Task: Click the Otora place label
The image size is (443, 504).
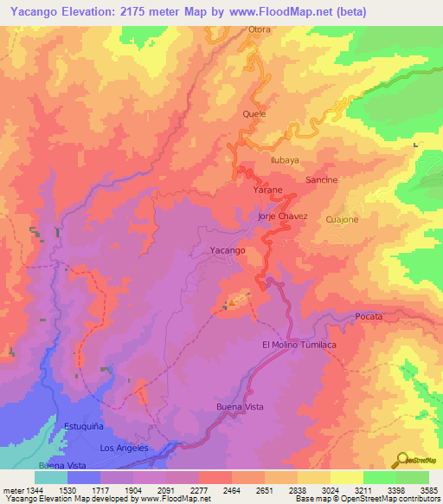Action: point(260,29)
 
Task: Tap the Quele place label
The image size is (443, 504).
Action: point(254,113)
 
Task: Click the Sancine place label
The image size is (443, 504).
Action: point(321,179)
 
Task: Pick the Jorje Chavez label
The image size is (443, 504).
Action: point(283,216)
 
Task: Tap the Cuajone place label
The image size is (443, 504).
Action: point(342,220)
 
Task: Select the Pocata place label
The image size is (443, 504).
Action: point(369,318)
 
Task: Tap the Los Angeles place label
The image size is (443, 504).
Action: point(125,448)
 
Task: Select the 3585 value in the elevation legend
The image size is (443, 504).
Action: point(428,491)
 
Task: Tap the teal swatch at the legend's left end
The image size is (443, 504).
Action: point(50,477)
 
